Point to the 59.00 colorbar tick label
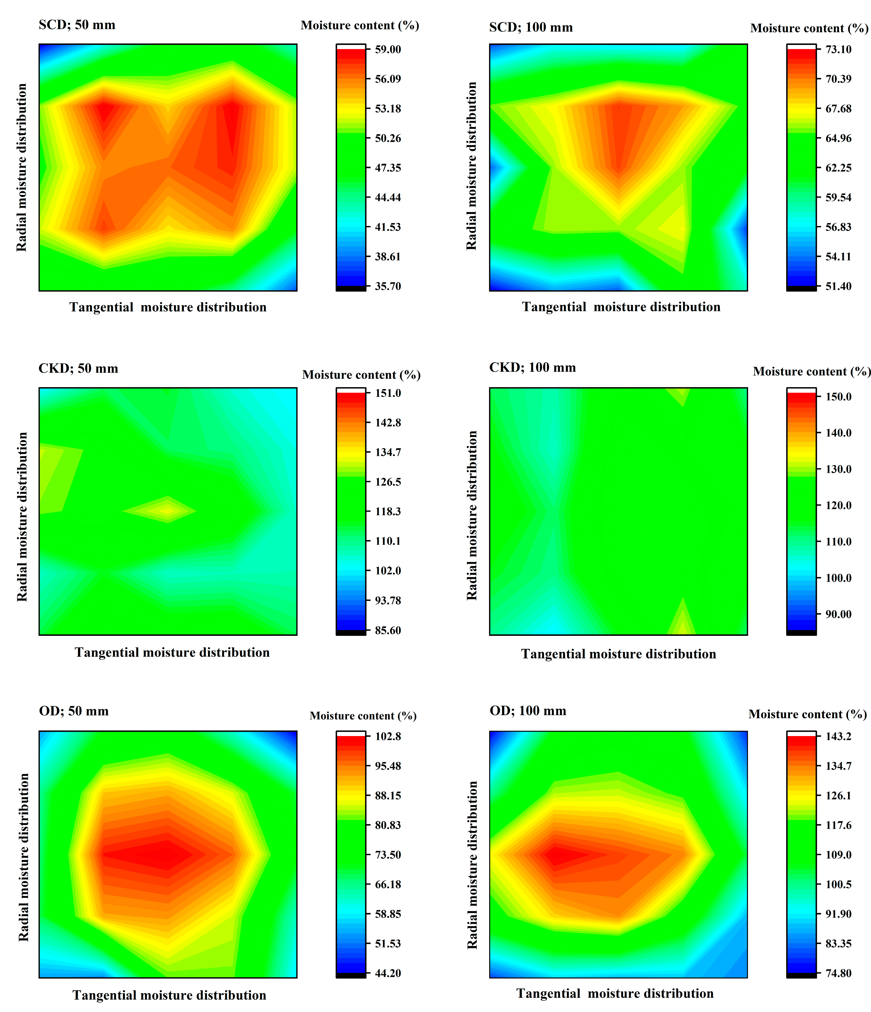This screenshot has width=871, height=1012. tap(388, 49)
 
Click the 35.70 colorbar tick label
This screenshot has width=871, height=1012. tap(388, 286)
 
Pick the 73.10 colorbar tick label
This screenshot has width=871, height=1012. tap(838, 49)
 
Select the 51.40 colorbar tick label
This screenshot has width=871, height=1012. tap(838, 286)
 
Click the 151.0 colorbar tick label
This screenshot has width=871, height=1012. tap(388, 393)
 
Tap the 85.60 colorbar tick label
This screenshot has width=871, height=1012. tap(388, 631)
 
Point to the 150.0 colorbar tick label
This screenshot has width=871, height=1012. tap(838, 397)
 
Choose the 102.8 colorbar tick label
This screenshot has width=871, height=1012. tap(388, 736)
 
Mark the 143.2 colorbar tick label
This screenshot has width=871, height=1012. tap(838, 736)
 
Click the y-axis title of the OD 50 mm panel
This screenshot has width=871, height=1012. tap(23, 857)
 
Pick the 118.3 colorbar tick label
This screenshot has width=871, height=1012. tap(388, 511)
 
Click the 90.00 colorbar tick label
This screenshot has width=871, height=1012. tap(838, 614)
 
